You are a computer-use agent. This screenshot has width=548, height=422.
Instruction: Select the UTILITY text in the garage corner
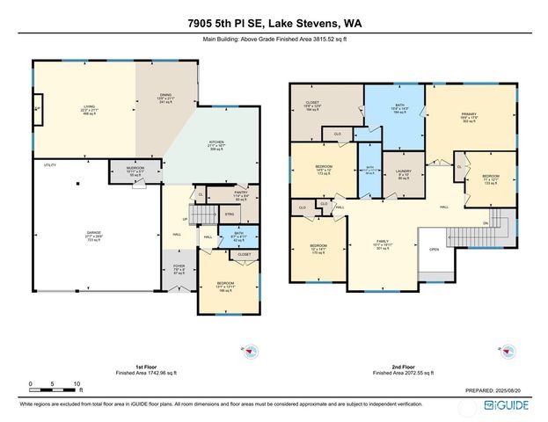pyautogui.click(x=50, y=164)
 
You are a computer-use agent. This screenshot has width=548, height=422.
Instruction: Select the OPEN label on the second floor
pyautogui.click(x=434, y=249)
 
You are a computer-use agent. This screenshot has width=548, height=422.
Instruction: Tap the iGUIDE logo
pyautogui.click(x=507, y=407)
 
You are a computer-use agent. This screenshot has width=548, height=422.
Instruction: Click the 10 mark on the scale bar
pyautogui.click(x=77, y=384)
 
